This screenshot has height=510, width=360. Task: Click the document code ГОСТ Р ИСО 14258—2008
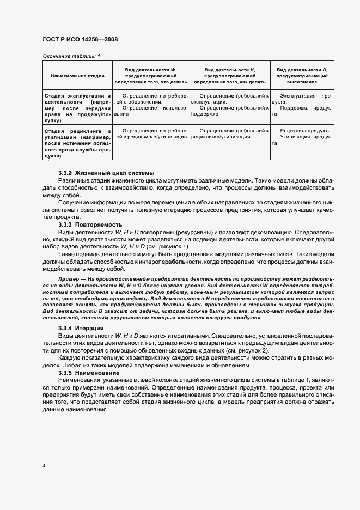click(80, 40)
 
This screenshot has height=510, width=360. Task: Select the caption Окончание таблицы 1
click(71, 56)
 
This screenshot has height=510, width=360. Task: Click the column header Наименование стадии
click(74, 76)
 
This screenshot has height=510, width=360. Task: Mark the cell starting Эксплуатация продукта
click(303, 99)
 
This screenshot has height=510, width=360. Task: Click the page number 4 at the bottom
click(43, 466)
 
